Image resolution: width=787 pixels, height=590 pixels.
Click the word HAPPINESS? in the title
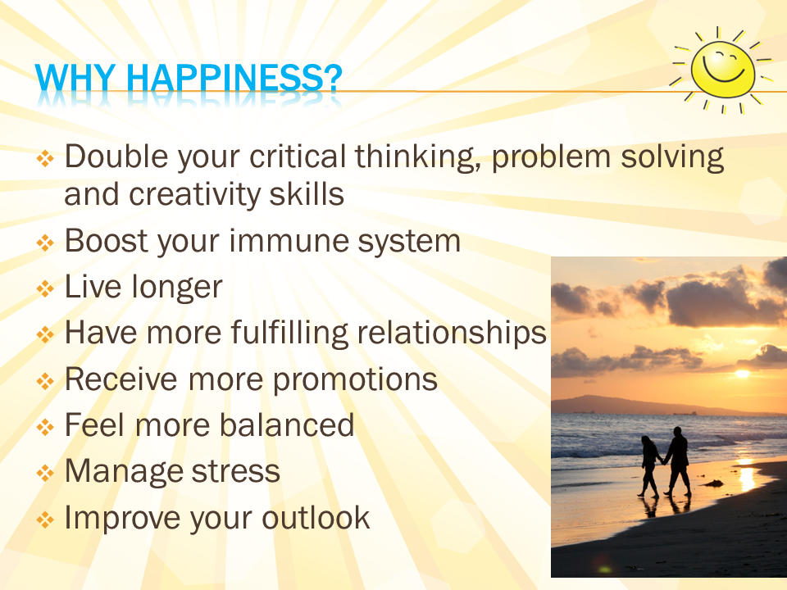234,78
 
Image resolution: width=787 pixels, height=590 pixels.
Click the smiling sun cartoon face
723,69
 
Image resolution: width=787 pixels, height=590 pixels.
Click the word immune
288,241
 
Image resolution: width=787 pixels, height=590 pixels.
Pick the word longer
176,288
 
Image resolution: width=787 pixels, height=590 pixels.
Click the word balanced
287,425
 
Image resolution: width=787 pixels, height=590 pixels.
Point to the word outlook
316,517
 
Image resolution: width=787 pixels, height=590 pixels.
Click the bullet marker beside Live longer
45,288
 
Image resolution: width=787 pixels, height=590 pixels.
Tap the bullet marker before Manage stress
45,473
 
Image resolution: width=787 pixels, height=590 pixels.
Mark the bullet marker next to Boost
45,243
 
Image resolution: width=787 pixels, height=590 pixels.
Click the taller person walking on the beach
678,461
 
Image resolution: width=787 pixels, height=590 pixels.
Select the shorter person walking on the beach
649,466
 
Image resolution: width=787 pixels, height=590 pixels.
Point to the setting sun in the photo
743,374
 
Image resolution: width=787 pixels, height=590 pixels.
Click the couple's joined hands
663,463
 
